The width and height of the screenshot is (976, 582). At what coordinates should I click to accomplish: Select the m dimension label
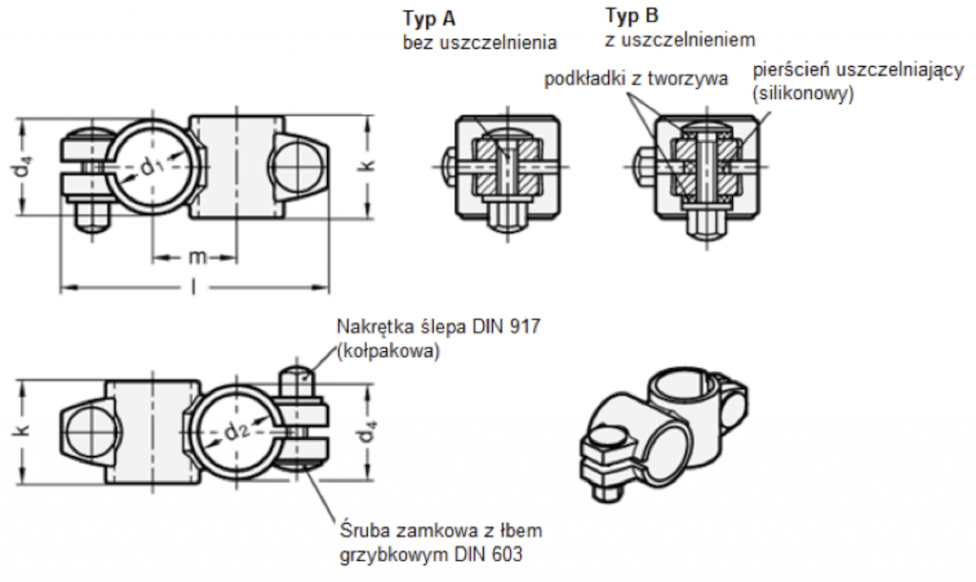tap(195, 259)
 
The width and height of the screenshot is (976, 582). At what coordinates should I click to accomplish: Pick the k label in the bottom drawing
tap(18, 430)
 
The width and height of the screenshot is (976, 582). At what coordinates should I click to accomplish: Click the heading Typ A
tap(429, 18)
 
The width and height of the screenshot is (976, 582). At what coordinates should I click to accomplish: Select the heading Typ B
tap(632, 15)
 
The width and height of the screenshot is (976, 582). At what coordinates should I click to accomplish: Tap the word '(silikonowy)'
tap(802, 94)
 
